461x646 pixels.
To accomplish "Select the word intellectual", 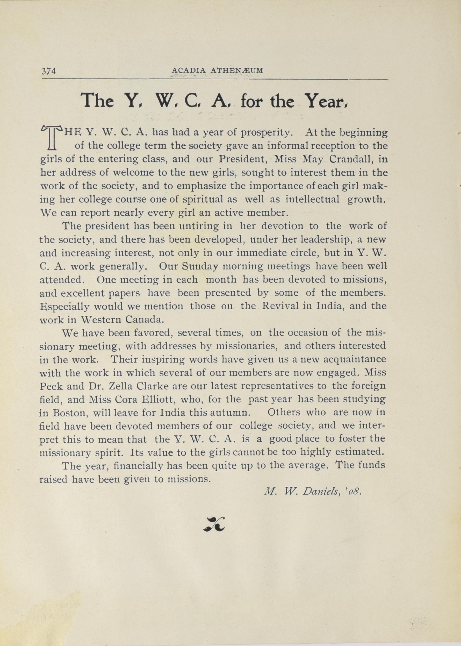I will [x=312, y=199].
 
